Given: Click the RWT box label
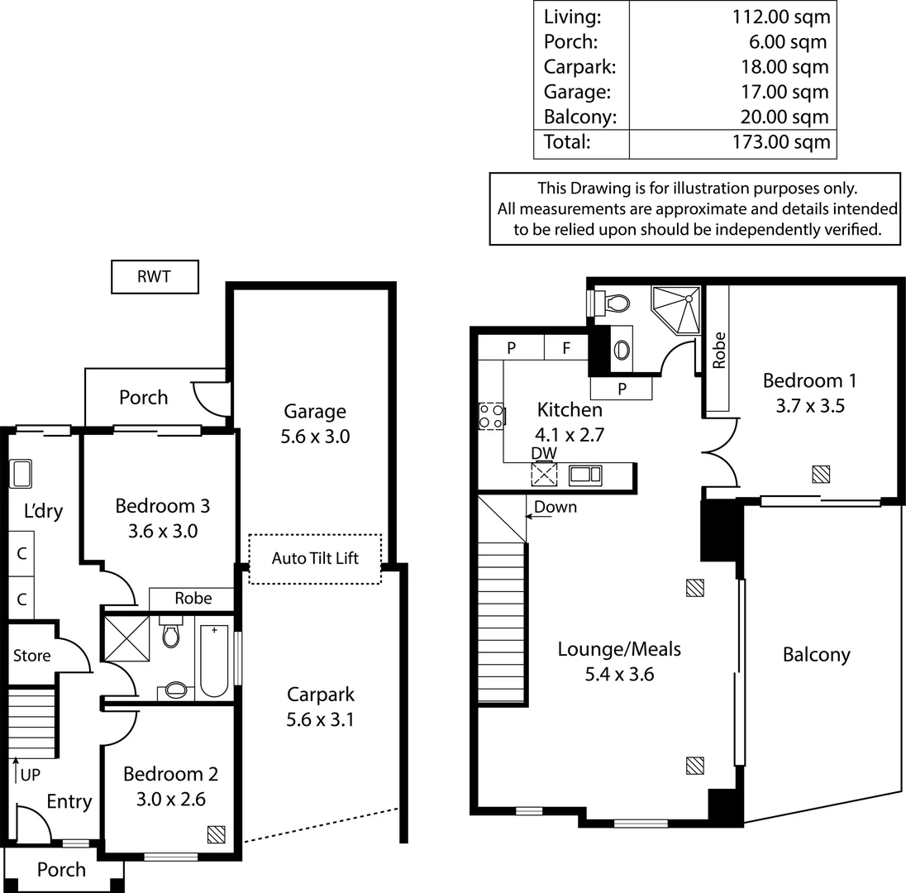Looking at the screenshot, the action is pyautogui.click(x=155, y=277).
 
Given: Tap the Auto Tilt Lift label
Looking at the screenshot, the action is pyautogui.click(x=315, y=558).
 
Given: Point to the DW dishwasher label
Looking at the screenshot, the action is pyautogui.click(x=544, y=453).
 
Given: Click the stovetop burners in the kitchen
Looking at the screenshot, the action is pyautogui.click(x=491, y=416).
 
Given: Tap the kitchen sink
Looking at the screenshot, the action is pyautogui.click(x=585, y=475).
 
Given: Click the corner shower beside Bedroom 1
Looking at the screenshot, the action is pyautogui.click(x=678, y=308).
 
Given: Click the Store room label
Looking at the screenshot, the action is pyautogui.click(x=31, y=656).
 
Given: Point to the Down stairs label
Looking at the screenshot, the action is pyautogui.click(x=556, y=507).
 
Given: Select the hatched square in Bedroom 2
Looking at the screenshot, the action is pyautogui.click(x=217, y=833).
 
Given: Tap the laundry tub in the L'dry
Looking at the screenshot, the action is pyautogui.click(x=21, y=474).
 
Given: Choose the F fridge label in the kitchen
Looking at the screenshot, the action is pyautogui.click(x=566, y=348).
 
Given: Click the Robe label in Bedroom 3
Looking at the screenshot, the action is pyautogui.click(x=193, y=598).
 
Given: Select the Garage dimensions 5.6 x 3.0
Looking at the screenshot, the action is pyautogui.click(x=315, y=436).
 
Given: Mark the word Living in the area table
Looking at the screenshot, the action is pyautogui.click(x=572, y=16).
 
